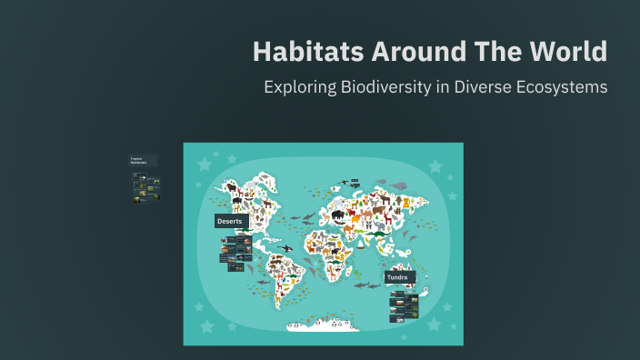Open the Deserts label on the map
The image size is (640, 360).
click(x=232, y=221)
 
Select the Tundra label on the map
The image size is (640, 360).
click(x=398, y=276)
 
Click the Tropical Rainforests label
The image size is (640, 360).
click(x=142, y=161)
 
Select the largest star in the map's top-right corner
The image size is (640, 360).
click(x=435, y=166)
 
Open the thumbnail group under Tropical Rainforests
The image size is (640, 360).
click(x=146, y=186)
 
